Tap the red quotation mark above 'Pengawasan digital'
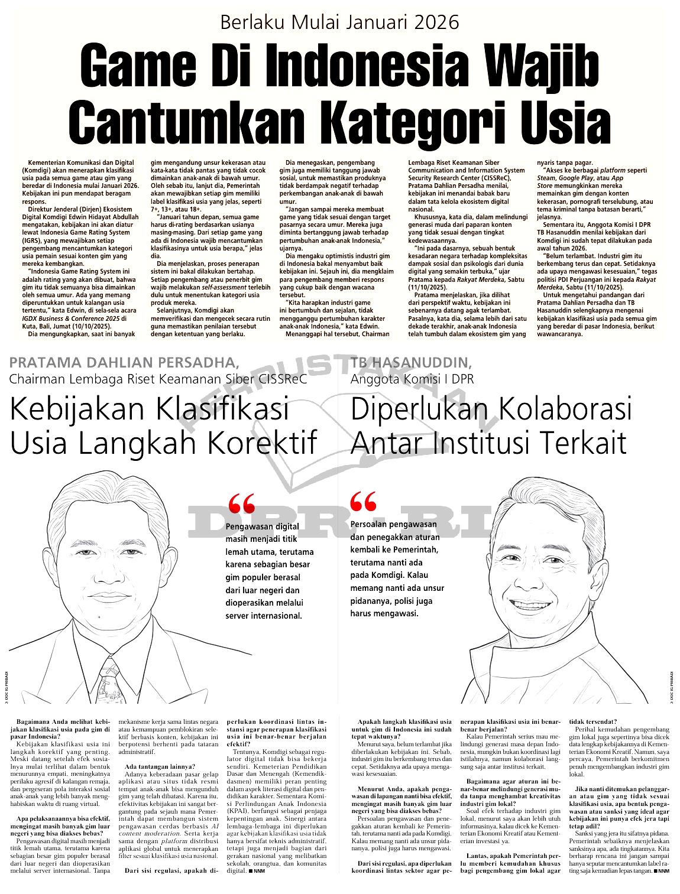241,505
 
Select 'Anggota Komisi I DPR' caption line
412,379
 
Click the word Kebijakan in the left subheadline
89,409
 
